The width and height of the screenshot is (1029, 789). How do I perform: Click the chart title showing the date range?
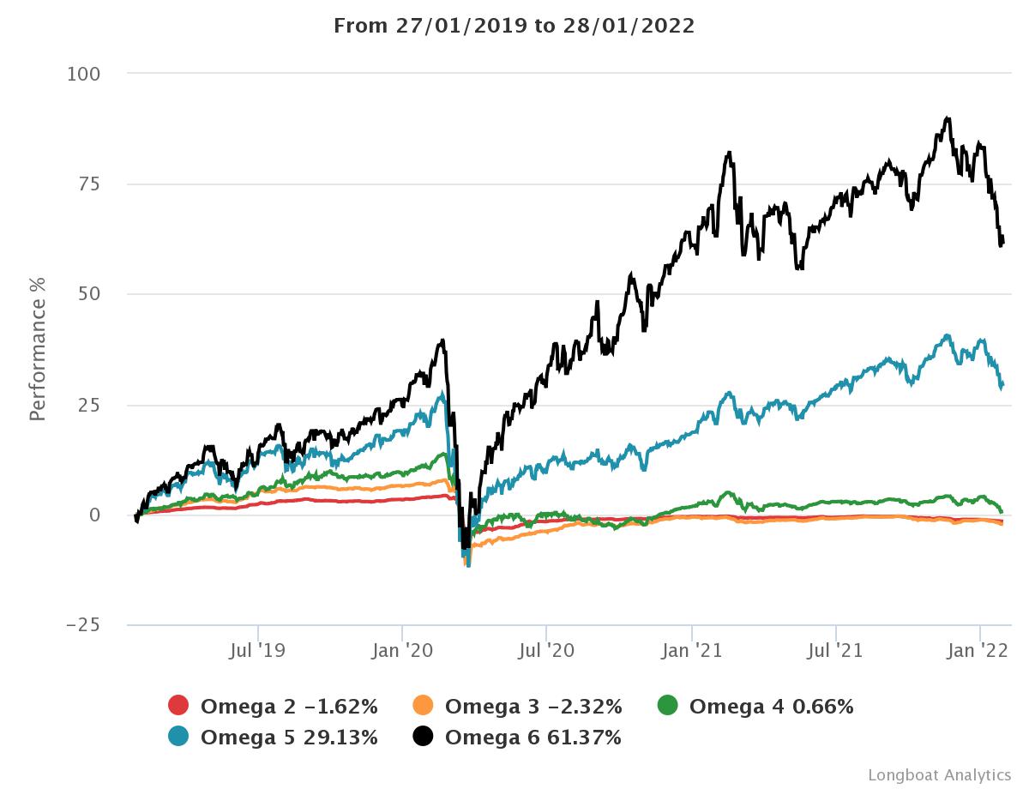514,26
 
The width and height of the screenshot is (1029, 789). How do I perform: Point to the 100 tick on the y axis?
83,75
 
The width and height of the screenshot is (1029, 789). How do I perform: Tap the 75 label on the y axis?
88,184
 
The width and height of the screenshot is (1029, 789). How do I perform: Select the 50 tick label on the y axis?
88,294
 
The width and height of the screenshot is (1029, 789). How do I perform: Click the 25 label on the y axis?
88,405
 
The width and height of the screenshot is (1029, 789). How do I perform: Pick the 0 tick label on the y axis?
94,515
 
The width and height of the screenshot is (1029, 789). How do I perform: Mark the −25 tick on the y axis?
82,625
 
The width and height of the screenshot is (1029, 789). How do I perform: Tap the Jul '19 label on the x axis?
257,651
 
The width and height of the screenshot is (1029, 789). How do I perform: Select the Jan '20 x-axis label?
402,651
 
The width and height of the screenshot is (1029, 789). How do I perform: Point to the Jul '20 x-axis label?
546,651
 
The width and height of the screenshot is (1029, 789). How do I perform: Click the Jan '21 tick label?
692,651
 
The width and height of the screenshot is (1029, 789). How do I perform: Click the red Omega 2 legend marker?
178,707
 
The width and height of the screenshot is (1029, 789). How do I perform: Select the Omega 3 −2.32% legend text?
533,707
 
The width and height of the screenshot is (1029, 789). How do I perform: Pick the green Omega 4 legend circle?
667,707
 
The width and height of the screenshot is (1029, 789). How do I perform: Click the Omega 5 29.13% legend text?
289,738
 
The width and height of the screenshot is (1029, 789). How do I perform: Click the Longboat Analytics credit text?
939,774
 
